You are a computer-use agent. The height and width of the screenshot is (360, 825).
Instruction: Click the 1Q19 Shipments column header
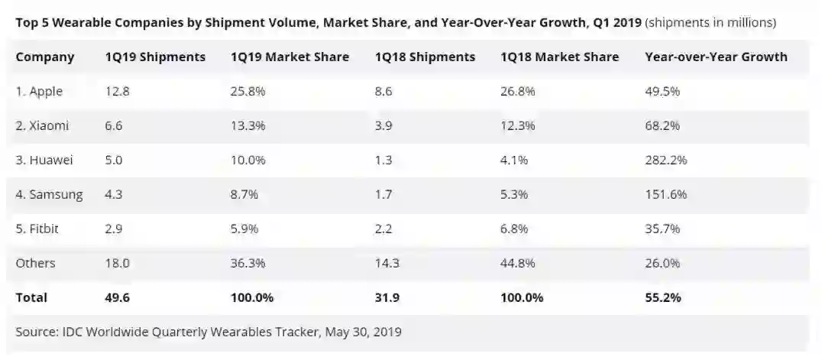(155, 57)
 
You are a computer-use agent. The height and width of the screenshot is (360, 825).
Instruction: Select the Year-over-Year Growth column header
(716, 57)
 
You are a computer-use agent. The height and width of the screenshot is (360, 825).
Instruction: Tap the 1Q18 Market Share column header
(559, 57)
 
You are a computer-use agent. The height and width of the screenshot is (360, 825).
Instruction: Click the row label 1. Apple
(39, 92)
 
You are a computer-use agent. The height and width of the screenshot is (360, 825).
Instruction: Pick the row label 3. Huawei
(44, 161)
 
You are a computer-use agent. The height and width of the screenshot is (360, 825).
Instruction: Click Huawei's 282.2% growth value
(665, 161)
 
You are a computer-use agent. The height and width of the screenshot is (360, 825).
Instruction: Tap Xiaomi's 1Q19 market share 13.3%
(247, 126)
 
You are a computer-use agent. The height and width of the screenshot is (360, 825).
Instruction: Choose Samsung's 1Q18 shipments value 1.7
(383, 195)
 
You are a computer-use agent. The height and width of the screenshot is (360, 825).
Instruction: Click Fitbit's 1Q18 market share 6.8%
(517, 229)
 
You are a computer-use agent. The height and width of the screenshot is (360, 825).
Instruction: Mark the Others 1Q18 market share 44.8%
(520, 264)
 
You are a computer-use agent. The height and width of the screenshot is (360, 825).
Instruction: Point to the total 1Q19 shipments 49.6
(117, 298)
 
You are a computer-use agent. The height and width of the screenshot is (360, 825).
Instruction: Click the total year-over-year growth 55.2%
(663, 298)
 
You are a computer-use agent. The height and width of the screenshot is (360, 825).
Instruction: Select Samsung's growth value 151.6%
(665, 195)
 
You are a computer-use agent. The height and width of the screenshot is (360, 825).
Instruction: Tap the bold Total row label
(31, 298)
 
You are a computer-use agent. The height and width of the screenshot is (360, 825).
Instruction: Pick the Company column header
(45, 57)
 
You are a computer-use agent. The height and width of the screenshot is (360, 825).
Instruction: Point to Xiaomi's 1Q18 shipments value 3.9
(384, 126)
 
